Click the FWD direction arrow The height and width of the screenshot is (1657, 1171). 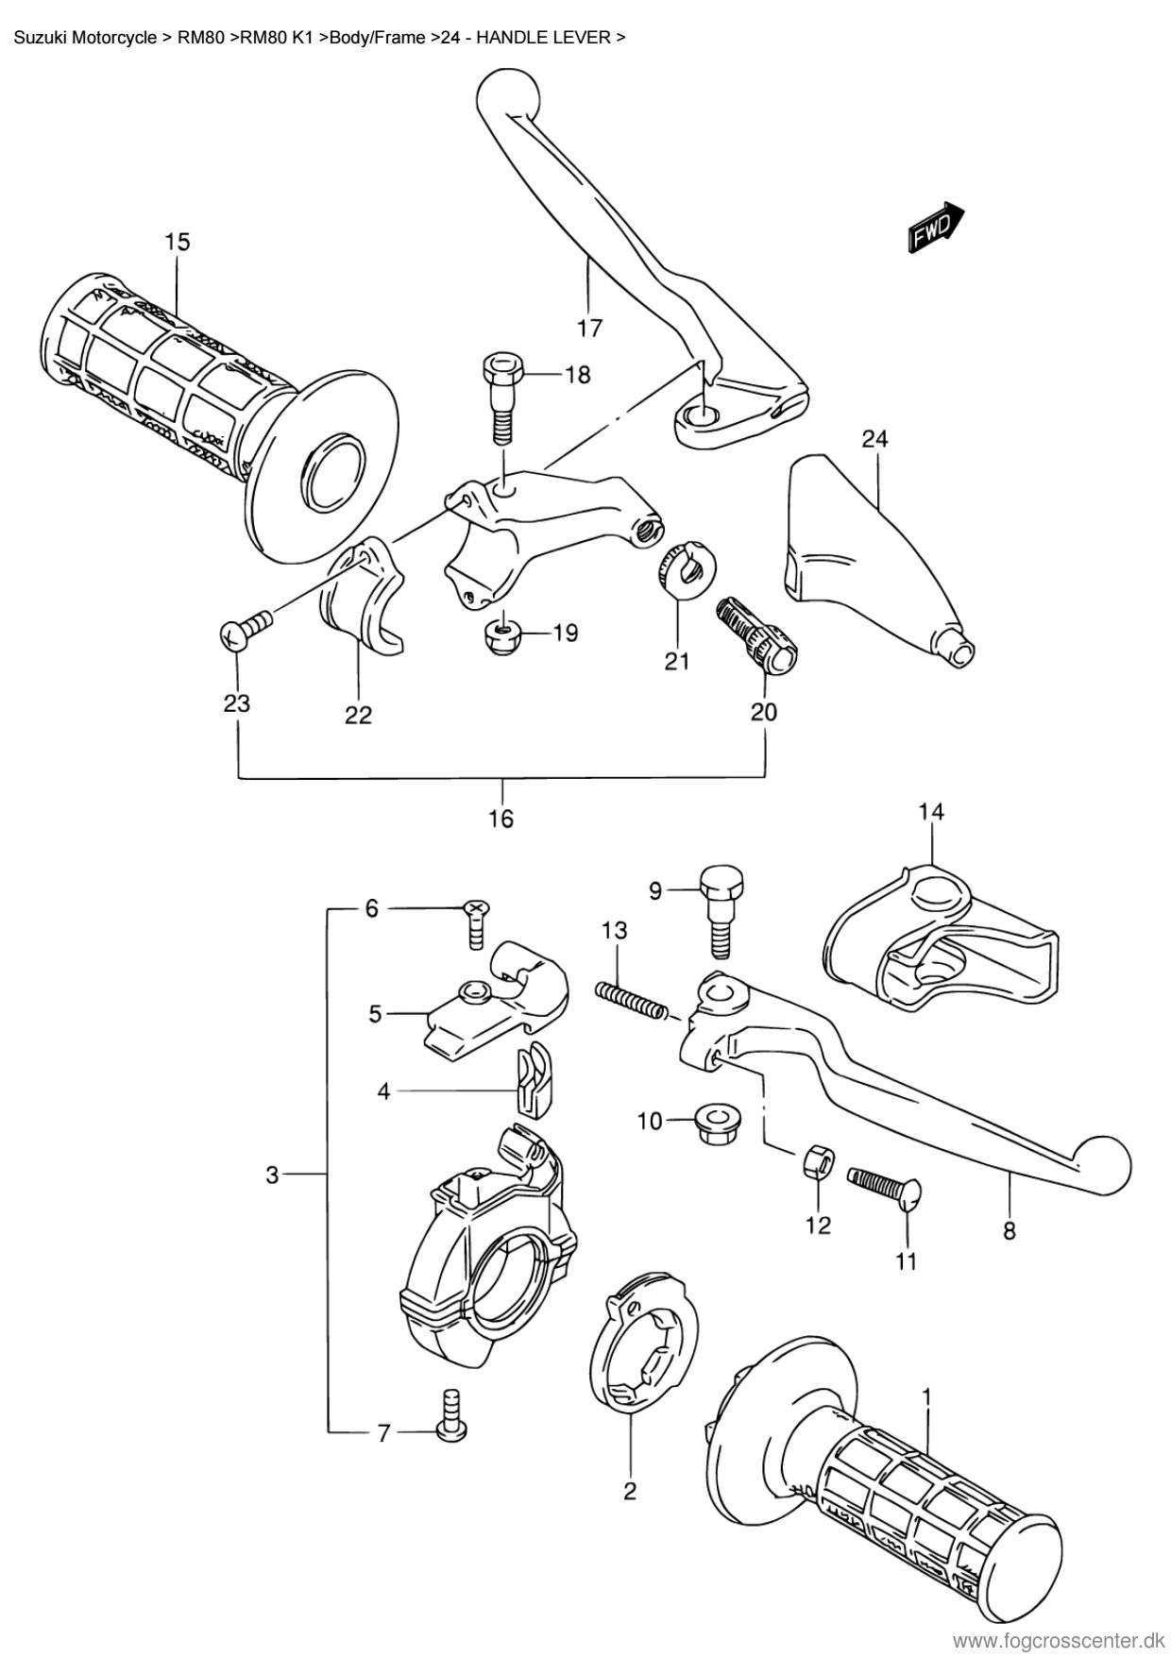pyautogui.click(x=936, y=228)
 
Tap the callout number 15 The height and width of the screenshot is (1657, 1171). pyautogui.click(x=177, y=242)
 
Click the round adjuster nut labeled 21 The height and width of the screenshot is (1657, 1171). pyautogui.click(x=686, y=570)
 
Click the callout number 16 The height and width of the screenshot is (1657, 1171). pyautogui.click(x=501, y=818)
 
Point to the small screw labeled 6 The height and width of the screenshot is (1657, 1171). pyautogui.click(x=477, y=923)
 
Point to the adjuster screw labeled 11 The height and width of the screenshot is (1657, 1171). pyautogui.click(x=885, y=1185)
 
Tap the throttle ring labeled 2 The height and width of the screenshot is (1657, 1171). pyautogui.click(x=641, y=1344)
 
